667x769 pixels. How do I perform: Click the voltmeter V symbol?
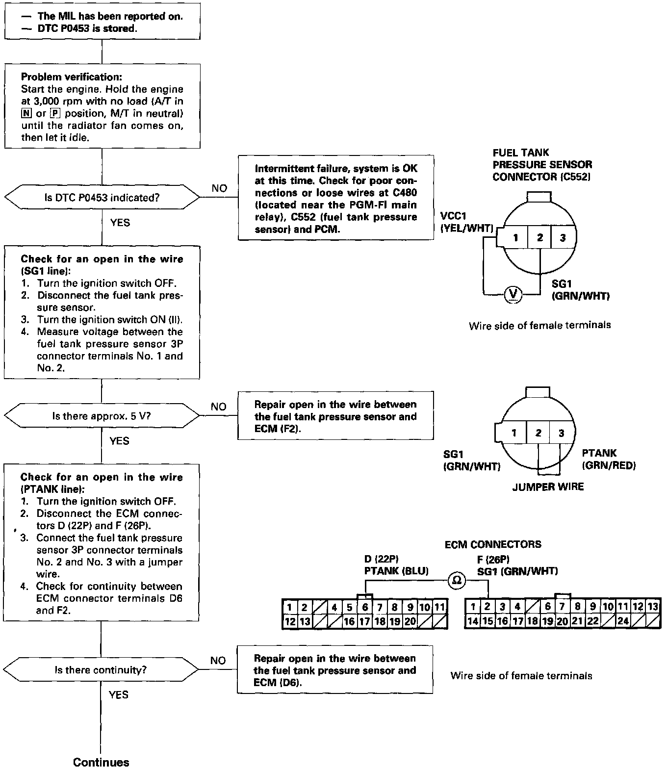pos(513,294)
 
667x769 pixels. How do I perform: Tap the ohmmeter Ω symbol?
pos(456,580)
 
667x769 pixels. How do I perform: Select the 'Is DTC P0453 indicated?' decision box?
pos(102,198)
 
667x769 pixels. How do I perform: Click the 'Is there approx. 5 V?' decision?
pos(102,416)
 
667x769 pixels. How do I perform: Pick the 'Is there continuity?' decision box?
pos(101,670)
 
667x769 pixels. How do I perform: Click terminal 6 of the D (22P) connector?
pos(365,608)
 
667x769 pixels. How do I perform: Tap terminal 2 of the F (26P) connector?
pos(487,607)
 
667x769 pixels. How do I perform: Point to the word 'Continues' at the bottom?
pos(101,762)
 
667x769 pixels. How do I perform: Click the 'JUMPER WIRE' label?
pos(548,487)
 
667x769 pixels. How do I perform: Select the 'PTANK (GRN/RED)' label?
pos(608,460)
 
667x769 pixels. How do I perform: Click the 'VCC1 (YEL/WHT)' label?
pos(466,222)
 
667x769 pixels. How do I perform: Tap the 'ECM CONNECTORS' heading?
pos(493,544)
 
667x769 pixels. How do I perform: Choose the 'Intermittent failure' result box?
pos(336,198)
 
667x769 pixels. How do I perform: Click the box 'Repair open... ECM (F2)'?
pos(336,416)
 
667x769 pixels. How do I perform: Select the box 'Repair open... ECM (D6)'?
pos(335,670)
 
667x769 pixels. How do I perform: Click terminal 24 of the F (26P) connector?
pos(623,621)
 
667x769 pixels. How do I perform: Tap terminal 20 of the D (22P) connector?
pos(410,621)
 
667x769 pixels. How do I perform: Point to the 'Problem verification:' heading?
pos(72,77)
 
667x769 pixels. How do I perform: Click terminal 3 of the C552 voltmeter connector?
pos(563,238)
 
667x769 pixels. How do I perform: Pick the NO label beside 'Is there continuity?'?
pos(218,661)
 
